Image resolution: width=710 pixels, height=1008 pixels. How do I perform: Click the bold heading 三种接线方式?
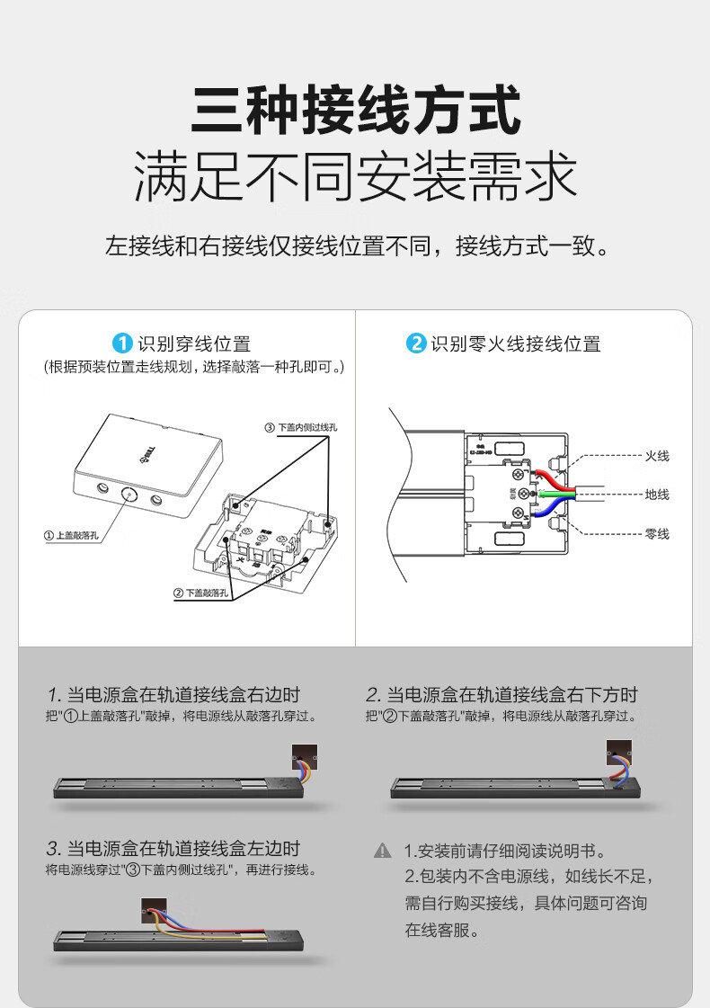[x=355, y=110]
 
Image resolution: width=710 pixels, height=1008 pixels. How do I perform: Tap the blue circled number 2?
[x=415, y=343]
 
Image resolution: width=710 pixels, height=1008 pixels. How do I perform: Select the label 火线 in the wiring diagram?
[x=657, y=456]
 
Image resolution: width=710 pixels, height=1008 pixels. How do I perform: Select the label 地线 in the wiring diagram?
[x=657, y=495]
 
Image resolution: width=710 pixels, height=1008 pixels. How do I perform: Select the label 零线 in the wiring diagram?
[x=657, y=534]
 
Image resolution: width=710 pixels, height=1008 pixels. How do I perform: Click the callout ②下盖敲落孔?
[x=201, y=593]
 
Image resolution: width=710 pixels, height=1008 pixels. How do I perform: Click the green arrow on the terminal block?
[x=546, y=494]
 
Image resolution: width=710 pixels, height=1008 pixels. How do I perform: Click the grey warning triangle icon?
[x=383, y=850]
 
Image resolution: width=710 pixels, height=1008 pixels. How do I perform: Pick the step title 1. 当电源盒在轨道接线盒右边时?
[x=173, y=694]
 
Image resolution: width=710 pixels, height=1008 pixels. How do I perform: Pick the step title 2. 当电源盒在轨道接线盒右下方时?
[x=501, y=694]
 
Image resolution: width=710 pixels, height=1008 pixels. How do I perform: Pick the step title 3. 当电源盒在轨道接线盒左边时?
[x=173, y=848]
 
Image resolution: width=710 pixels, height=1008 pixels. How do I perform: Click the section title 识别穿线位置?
[x=194, y=343]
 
